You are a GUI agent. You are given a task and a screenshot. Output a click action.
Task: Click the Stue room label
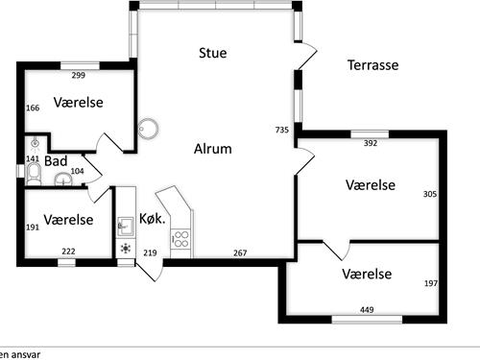click(213, 53)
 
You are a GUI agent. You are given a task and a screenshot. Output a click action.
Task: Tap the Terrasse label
click(372, 65)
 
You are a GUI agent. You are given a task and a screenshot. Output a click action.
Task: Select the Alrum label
click(213, 149)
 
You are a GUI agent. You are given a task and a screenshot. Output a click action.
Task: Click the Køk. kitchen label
click(153, 218)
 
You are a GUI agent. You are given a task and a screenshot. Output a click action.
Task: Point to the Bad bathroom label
click(55, 161)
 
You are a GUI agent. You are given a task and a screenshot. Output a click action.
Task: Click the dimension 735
click(281, 130)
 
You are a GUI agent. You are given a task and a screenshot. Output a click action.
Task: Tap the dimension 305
click(429, 194)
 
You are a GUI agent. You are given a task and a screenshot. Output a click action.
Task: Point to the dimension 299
click(79, 76)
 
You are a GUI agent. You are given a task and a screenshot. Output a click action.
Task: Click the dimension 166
click(33, 108)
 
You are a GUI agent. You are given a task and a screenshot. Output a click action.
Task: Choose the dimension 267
click(241, 252)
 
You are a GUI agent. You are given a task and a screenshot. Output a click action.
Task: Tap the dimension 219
click(150, 252)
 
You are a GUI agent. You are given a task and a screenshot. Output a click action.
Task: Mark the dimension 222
click(68, 252)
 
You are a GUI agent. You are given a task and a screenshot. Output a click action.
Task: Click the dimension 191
click(32, 228)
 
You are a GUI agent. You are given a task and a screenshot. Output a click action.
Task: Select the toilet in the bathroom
click(36, 173)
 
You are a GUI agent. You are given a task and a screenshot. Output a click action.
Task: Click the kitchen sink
click(124, 227)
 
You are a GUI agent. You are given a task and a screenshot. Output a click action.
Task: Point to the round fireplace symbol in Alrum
click(148, 129)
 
